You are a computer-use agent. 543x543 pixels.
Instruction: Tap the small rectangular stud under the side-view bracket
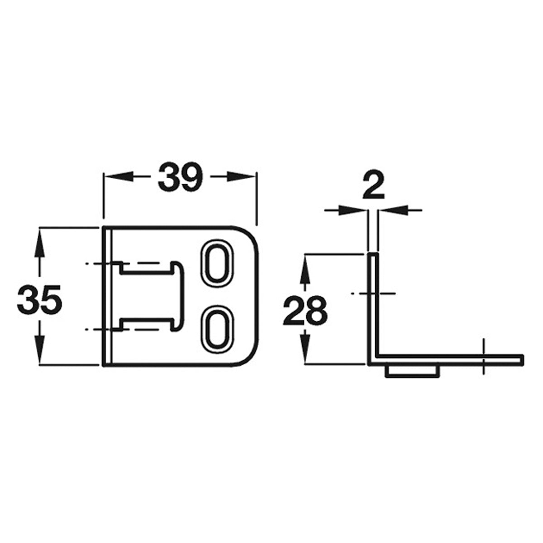(411, 371)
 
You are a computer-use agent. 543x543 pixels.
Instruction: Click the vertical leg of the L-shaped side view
(373, 308)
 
